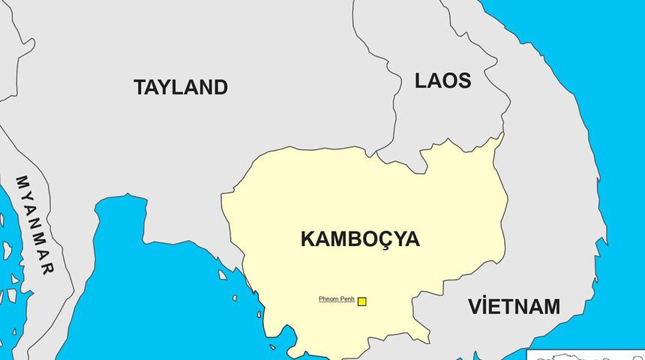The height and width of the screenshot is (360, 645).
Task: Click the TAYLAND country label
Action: (181, 87)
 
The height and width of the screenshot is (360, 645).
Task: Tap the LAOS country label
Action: (442, 81)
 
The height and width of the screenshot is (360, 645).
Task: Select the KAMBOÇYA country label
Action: (360, 239)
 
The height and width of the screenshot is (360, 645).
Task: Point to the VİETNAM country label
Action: (514, 307)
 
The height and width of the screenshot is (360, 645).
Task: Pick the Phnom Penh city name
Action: (336, 299)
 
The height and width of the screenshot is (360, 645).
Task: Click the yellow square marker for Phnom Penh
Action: (362, 301)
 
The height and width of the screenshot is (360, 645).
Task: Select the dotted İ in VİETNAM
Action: (485, 307)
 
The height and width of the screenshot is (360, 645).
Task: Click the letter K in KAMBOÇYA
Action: (307, 239)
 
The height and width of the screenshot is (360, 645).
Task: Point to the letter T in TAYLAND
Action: (140, 87)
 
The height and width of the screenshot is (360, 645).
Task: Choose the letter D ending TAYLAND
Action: (220, 87)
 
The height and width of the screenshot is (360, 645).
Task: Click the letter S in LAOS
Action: (463, 81)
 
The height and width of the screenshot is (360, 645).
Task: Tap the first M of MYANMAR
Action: (22, 181)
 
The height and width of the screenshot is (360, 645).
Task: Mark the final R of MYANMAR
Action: (46, 268)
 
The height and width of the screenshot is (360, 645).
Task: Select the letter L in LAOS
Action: (421, 81)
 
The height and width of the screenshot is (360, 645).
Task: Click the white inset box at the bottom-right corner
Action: (586, 355)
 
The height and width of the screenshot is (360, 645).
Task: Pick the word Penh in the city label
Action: (346, 299)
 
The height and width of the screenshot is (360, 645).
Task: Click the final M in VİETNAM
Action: (551, 307)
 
